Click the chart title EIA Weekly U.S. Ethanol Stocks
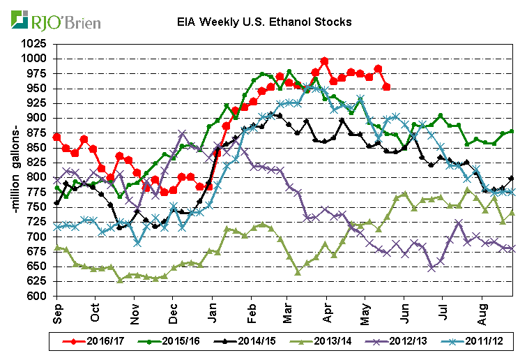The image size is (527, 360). pyautogui.click(x=263, y=22)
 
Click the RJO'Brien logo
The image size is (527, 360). pyautogui.click(x=55, y=21)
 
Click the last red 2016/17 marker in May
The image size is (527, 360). pyautogui.click(x=387, y=87)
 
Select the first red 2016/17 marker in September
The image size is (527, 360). pyautogui.click(x=56, y=136)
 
